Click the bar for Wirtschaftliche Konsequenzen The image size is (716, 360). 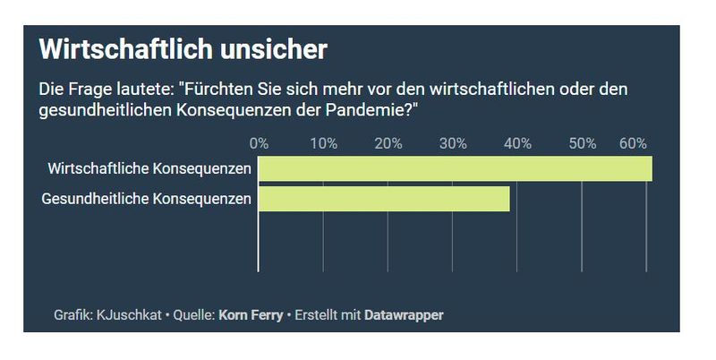point(455,168)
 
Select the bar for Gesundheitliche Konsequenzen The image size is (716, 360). point(384,199)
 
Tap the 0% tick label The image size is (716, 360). point(259,143)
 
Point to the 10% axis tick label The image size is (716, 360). point(323,143)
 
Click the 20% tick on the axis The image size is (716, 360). point(388,143)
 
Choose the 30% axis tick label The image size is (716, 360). point(453,143)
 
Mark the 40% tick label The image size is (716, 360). point(517,143)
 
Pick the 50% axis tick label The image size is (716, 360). point(583,143)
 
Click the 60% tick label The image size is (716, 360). point(634,143)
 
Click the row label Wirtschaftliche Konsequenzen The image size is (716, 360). point(149,168)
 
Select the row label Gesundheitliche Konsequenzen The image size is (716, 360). point(147,199)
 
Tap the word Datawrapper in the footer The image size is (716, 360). point(404,315)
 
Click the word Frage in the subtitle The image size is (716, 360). point(85,90)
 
